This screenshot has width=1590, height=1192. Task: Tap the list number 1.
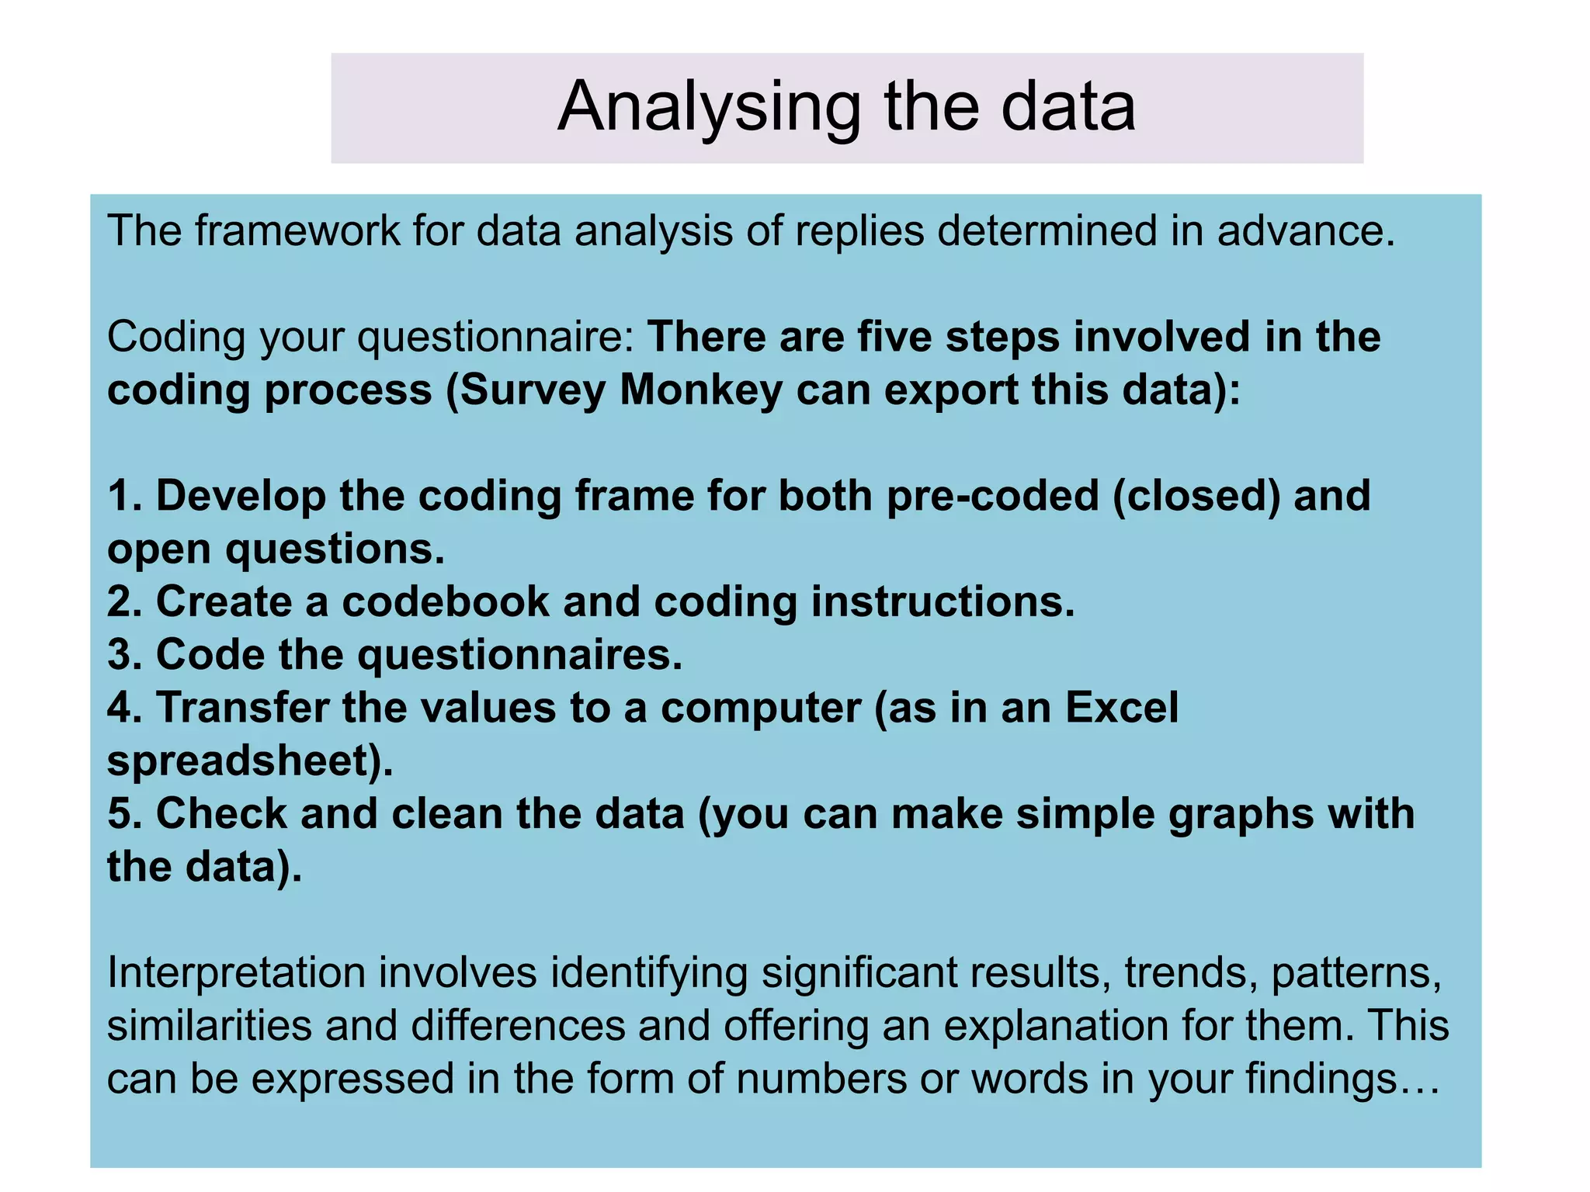124,496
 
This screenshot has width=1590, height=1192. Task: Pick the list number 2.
124,601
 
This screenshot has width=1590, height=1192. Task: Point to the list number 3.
124,654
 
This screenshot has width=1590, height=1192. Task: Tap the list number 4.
124,708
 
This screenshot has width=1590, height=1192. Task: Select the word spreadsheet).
250,761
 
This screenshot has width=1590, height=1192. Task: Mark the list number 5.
124,813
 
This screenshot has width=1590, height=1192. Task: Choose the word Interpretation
236,972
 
